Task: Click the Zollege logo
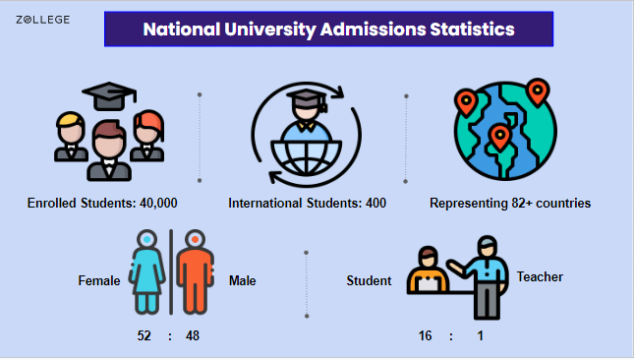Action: [x=42, y=19]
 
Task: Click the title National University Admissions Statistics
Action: [x=328, y=30]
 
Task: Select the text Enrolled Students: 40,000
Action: [x=102, y=204]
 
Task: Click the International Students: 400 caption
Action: [x=307, y=204]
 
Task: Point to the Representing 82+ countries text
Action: [x=510, y=204]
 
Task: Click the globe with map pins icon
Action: [x=504, y=135]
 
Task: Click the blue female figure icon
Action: [x=147, y=271]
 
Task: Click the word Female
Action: [x=98, y=281]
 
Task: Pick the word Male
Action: [x=242, y=281]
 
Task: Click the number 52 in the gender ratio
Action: [x=144, y=336]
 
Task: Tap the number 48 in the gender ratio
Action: [x=193, y=336]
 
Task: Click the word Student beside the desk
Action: [x=369, y=281]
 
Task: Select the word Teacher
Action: [x=540, y=276]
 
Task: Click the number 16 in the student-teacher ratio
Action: [x=425, y=336]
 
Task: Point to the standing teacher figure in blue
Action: [x=485, y=275]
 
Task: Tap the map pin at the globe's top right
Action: [x=537, y=93]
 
